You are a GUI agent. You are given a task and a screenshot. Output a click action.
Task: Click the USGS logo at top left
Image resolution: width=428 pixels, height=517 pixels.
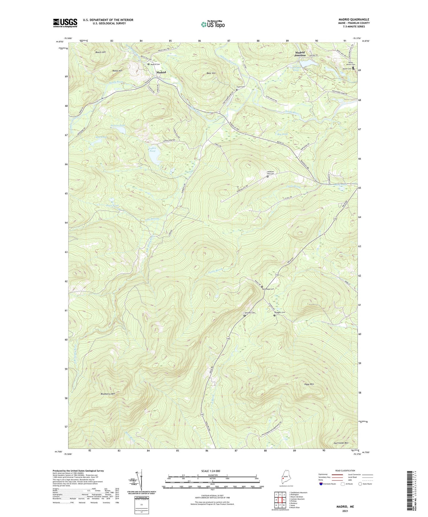tap(65, 23)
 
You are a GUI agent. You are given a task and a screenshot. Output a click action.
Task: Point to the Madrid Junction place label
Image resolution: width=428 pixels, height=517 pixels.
tap(300, 54)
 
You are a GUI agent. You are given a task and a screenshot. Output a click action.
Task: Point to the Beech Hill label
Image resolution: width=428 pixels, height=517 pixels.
tap(100, 52)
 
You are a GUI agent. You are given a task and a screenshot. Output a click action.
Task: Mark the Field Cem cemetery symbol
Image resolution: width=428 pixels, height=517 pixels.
tap(237, 90)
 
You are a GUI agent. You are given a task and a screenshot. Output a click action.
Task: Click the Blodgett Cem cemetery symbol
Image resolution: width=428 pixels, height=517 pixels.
tap(275, 315)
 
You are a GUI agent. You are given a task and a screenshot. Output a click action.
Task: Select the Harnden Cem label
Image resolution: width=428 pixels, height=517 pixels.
tap(249, 313)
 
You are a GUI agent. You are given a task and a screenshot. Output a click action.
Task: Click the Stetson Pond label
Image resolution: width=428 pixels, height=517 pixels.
tap(118, 125)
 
